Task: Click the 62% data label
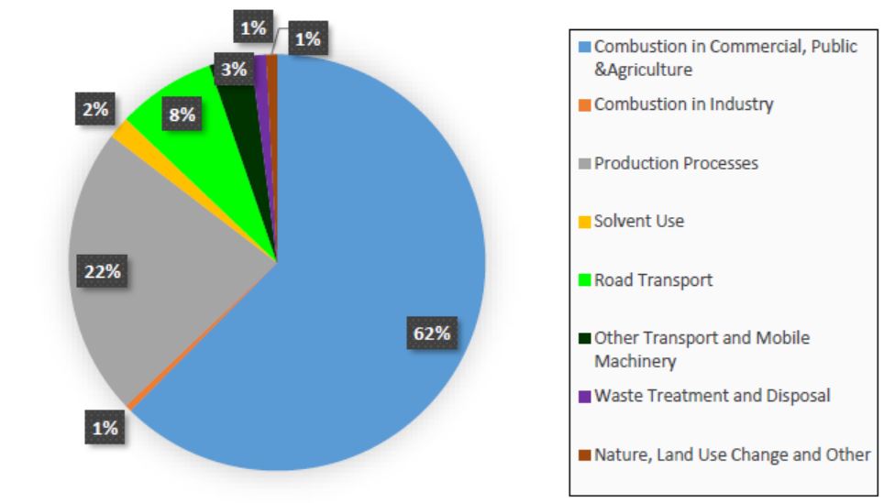(432, 333)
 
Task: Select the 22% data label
(102, 271)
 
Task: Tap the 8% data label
(182, 115)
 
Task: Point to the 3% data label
(234, 70)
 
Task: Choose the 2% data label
(95, 109)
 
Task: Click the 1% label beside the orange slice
(105, 428)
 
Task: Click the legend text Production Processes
(676, 163)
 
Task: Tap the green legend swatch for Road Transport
(585, 280)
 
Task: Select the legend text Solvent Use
(639, 221)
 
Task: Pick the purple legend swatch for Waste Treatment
(585, 396)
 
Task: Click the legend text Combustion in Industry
(684, 104)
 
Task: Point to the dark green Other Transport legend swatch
(585, 338)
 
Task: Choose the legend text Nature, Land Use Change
(733, 454)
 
